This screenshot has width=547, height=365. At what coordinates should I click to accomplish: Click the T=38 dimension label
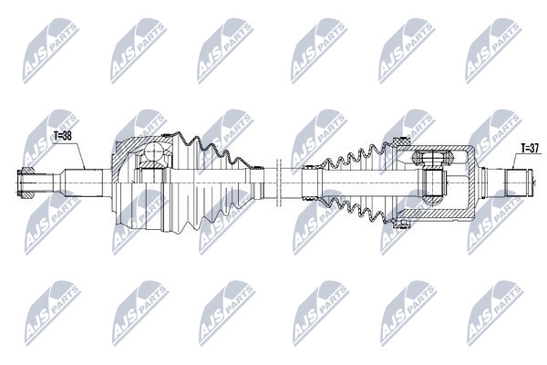click(x=62, y=136)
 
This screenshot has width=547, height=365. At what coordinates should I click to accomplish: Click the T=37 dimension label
click(x=530, y=149)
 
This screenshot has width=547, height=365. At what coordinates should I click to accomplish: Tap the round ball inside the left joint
click(x=155, y=152)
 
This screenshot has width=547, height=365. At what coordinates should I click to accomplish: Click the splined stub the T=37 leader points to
click(x=519, y=182)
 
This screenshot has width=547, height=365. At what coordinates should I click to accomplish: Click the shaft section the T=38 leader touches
click(x=82, y=182)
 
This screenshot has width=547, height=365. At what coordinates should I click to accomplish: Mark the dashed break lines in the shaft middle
click(x=278, y=182)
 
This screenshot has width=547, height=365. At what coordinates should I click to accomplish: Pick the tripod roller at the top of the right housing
click(x=432, y=158)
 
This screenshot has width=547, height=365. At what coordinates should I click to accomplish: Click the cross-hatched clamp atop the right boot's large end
click(x=400, y=142)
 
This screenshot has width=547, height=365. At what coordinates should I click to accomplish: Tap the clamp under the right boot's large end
click(x=400, y=223)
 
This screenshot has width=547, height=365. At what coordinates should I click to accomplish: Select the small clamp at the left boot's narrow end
click(x=257, y=168)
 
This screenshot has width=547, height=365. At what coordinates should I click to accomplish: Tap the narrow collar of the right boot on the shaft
click(x=311, y=182)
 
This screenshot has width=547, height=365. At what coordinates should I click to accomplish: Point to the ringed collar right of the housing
click(x=483, y=182)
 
